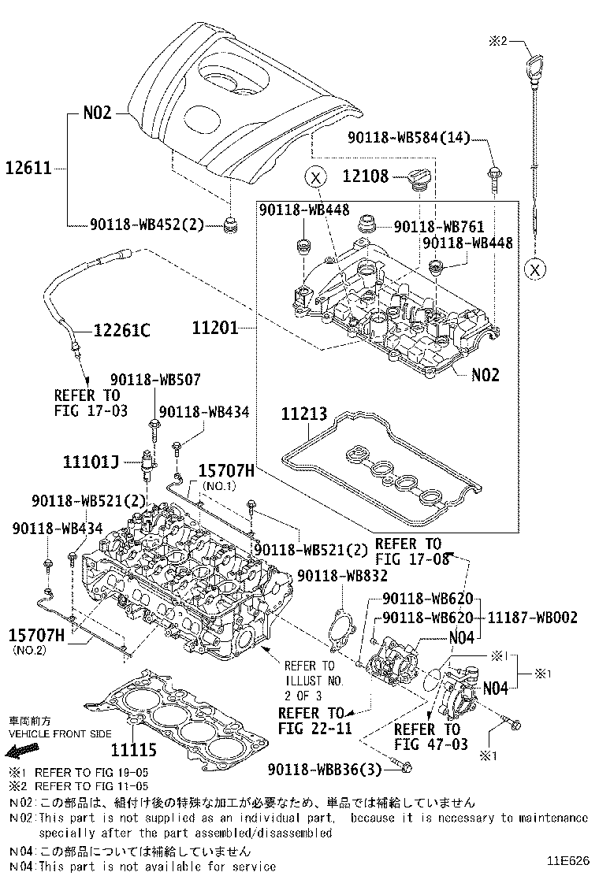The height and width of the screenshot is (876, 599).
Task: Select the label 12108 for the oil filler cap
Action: [365, 176]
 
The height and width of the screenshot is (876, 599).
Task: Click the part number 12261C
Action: [122, 331]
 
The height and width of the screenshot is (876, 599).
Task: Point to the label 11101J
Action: [91, 461]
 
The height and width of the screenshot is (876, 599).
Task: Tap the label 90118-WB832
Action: [342, 576]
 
